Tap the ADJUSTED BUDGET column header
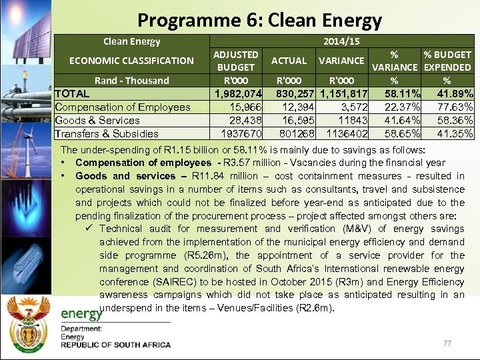tap(235, 61)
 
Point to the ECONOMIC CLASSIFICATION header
tap(132, 61)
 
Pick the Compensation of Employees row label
tap(123, 107)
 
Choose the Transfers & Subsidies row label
tap(107, 134)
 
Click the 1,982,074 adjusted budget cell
tap(236, 94)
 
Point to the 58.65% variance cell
tap(403, 134)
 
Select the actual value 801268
tap(289, 134)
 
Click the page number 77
tap(447, 343)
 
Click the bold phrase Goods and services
tap(126, 176)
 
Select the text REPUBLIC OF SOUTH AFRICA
tap(115, 345)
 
